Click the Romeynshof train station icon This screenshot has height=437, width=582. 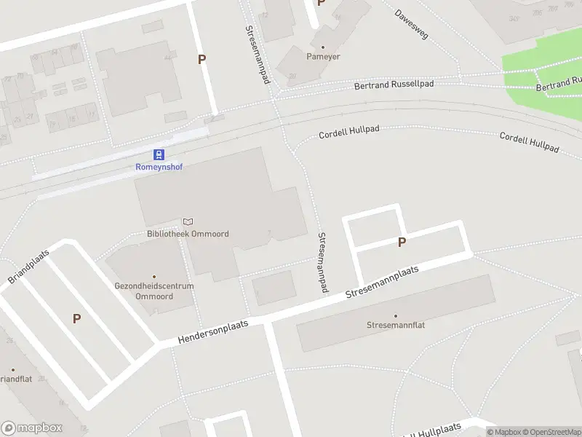tap(159, 154)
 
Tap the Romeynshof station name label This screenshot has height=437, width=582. tap(159, 167)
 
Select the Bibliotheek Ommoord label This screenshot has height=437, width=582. tap(188, 234)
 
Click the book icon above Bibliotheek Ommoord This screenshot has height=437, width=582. tap(188, 221)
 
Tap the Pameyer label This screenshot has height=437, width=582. tap(323, 56)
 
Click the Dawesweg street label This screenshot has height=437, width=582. tap(411, 23)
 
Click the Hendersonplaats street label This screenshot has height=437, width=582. tap(213, 332)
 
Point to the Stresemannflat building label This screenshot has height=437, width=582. tap(396, 325)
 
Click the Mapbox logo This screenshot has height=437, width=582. tap(32, 428)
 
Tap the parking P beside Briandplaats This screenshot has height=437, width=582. tap(76, 318)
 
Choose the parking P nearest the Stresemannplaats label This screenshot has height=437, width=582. tap(401, 243)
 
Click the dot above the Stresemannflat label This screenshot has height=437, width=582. tap(396, 316)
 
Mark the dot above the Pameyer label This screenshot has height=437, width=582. tap(323, 47)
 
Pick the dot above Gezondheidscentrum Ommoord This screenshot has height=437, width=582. tap(154, 277)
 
